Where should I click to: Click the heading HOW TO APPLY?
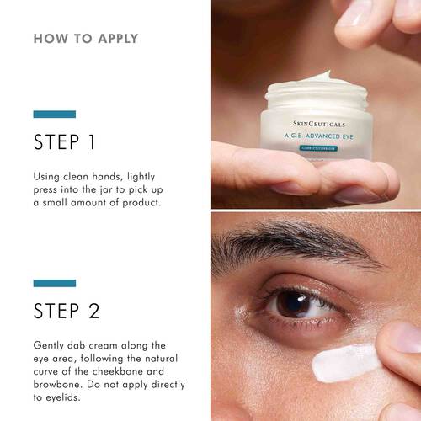click(86, 39)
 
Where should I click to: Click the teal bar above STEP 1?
click(55, 114)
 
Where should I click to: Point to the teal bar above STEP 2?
click(55, 283)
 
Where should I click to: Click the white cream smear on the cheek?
click(345, 363)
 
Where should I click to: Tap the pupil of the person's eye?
click(294, 304)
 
